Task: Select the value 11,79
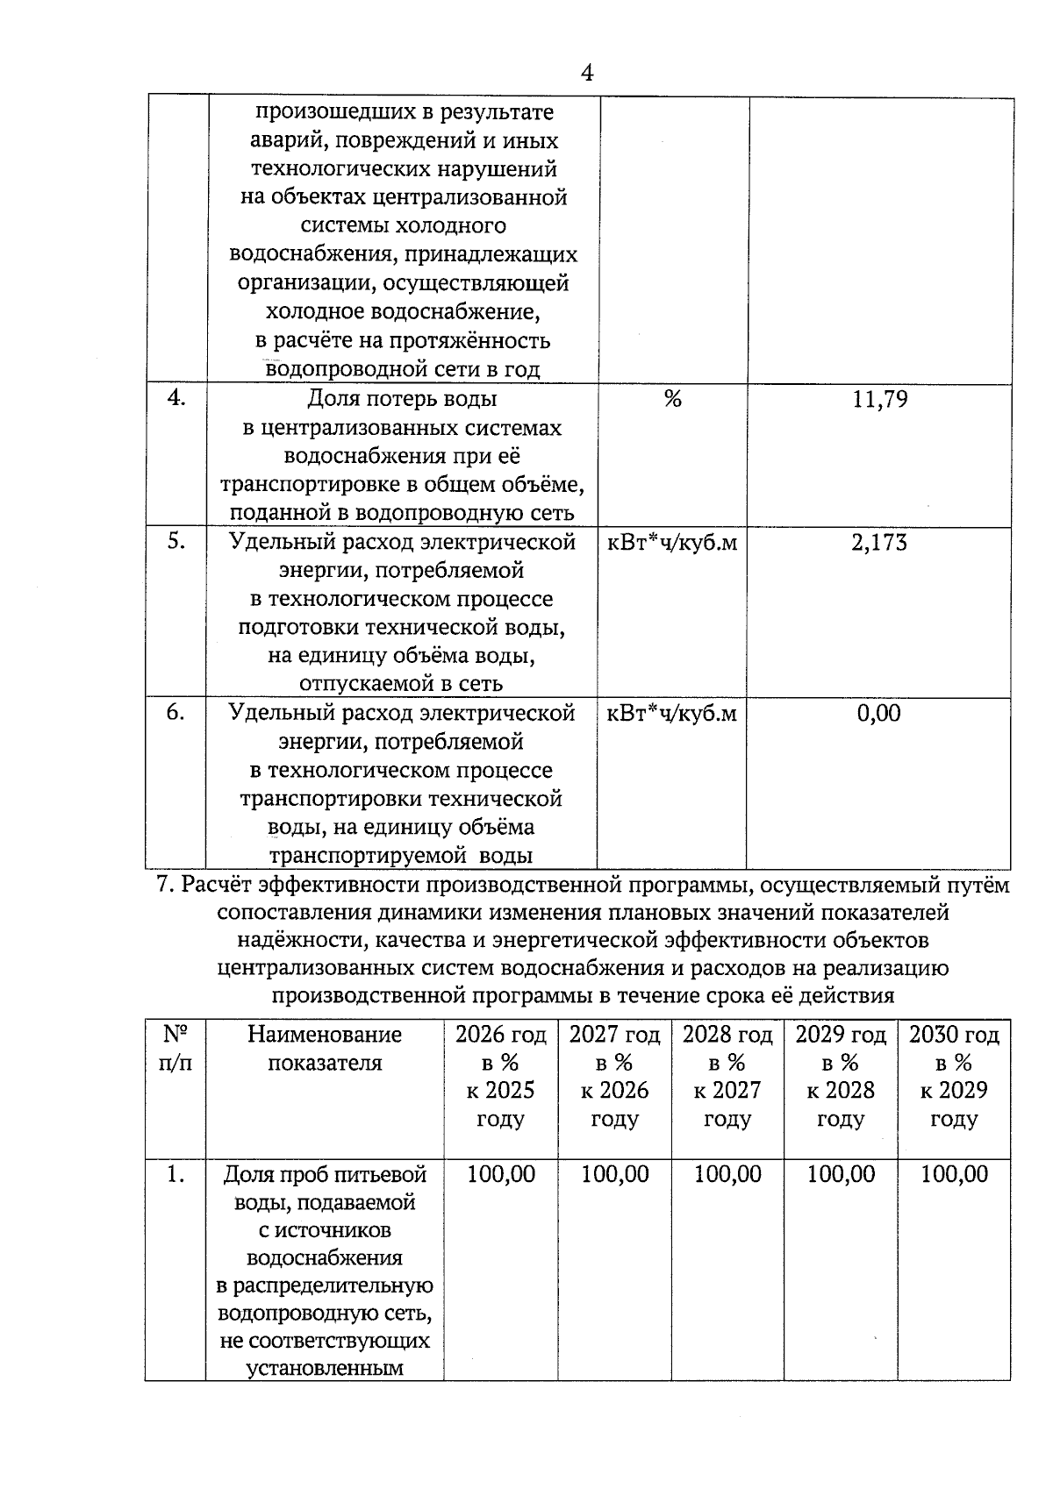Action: coord(879,401)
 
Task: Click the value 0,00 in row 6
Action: coord(878,714)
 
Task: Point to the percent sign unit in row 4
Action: coord(672,400)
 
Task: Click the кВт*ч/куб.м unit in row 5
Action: coord(672,543)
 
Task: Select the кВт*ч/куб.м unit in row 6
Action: coord(672,714)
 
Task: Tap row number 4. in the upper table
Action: coord(176,398)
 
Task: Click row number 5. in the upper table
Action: coord(176,542)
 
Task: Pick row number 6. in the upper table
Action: coord(175,713)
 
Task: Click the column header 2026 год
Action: coord(500,1036)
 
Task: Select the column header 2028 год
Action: coord(727,1036)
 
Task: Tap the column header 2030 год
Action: coord(954,1036)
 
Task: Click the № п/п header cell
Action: coord(175,1049)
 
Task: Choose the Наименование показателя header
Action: coord(325,1049)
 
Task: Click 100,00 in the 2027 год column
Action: coord(614,1175)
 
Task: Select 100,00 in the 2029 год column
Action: coord(841,1175)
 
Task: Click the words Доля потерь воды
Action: coord(402,400)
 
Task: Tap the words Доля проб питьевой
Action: coord(325,1175)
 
